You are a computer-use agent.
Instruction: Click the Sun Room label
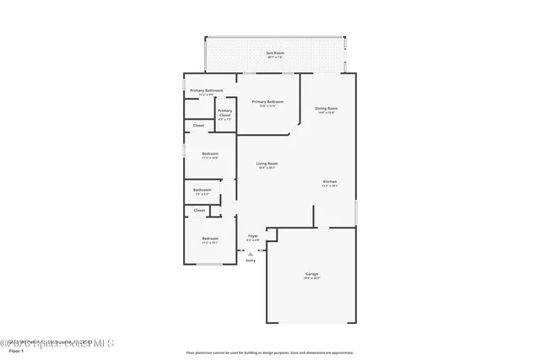pyautogui.click(x=275, y=53)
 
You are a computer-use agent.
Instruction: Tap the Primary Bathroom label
pyautogui.click(x=206, y=90)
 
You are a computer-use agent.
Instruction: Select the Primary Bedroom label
pyautogui.click(x=267, y=101)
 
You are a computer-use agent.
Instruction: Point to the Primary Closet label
pyautogui.click(x=225, y=113)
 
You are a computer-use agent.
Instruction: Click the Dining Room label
pyautogui.click(x=327, y=108)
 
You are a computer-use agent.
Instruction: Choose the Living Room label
pyautogui.click(x=267, y=164)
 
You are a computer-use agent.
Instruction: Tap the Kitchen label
pyautogui.click(x=330, y=182)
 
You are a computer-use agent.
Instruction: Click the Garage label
pyautogui.click(x=311, y=274)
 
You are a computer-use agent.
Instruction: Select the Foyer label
pyautogui.click(x=253, y=236)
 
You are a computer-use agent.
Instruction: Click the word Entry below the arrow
pyautogui.click(x=251, y=261)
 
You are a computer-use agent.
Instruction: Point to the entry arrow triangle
pyautogui.click(x=251, y=253)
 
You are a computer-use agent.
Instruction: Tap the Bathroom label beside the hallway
pyautogui.click(x=202, y=190)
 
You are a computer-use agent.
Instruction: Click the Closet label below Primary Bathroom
pyautogui.click(x=198, y=126)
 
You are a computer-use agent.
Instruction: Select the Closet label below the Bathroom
pyautogui.click(x=200, y=210)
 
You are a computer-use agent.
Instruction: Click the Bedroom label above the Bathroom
pyautogui.click(x=210, y=153)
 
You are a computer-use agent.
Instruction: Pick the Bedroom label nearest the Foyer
pyautogui.click(x=210, y=239)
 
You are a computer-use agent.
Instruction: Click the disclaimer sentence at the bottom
pyautogui.click(x=270, y=352)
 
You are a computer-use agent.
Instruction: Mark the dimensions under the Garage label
pyautogui.click(x=311, y=278)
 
